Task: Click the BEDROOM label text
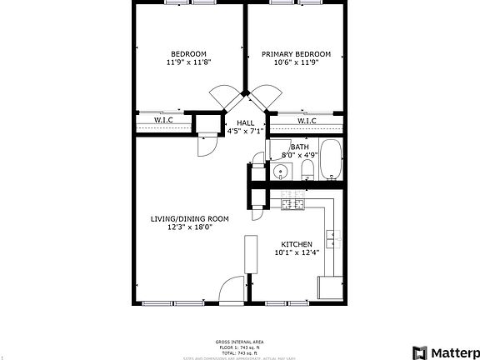click(x=187, y=54)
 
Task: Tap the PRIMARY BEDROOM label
click(x=296, y=54)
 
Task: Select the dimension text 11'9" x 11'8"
click(x=188, y=62)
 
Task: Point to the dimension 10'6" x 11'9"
click(x=296, y=62)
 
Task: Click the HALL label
click(x=245, y=122)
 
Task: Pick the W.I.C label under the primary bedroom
click(x=306, y=121)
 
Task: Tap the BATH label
click(x=299, y=147)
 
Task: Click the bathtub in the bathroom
click(x=331, y=160)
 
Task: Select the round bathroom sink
click(x=281, y=172)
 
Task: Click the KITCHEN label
click(x=297, y=244)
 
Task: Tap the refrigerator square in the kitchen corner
click(x=332, y=288)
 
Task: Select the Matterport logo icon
click(x=420, y=352)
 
